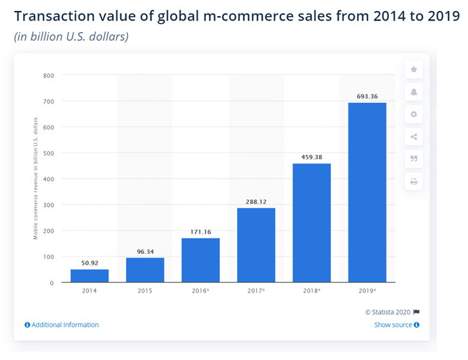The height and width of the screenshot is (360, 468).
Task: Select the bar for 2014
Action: (89, 276)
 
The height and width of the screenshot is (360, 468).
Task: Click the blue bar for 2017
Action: (256, 245)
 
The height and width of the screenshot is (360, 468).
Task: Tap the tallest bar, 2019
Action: (367, 193)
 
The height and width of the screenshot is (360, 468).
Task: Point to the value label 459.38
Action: (312, 157)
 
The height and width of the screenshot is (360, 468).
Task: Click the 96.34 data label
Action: (145, 251)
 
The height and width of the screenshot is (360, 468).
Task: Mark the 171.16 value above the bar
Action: (201, 232)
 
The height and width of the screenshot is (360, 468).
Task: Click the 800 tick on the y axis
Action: (49, 75)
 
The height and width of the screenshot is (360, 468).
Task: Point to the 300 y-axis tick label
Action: (49, 205)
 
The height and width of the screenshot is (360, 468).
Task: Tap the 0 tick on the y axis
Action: (51, 283)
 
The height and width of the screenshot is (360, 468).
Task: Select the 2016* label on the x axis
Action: (201, 291)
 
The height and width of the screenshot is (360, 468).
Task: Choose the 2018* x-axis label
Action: (312, 291)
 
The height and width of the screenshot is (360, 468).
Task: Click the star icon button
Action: (414, 69)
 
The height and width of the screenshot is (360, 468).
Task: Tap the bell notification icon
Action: (414, 92)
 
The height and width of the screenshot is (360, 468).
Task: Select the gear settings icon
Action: (414, 114)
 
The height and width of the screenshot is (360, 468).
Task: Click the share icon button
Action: (414, 137)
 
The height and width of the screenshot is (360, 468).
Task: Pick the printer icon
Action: (414, 181)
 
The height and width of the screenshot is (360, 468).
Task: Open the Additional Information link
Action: (62, 325)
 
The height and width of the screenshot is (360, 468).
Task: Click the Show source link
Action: (397, 325)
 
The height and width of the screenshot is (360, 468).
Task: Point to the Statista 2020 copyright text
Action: (388, 312)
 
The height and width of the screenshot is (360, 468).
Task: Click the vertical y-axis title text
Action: (35, 179)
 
